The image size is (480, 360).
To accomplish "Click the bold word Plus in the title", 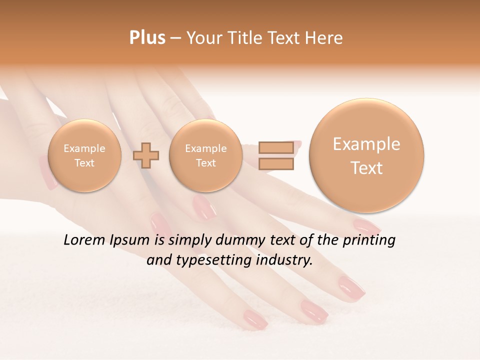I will click(x=147, y=38).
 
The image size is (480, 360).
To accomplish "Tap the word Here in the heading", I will click(x=325, y=38).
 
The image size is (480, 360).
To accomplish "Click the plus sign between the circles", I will click(x=146, y=155).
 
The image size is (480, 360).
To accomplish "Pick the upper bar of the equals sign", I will click(x=275, y=148).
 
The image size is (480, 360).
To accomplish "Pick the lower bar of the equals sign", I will click(x=275, y=164).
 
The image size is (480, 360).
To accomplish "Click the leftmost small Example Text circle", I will click(x=84, y=155).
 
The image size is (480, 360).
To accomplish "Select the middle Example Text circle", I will click(x=206, y=155).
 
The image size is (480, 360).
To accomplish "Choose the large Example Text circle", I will click(x=366, y=155).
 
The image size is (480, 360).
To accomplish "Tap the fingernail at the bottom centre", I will click(x=254, y=319).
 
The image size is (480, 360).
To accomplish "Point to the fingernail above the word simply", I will click(x=204, y=207).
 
